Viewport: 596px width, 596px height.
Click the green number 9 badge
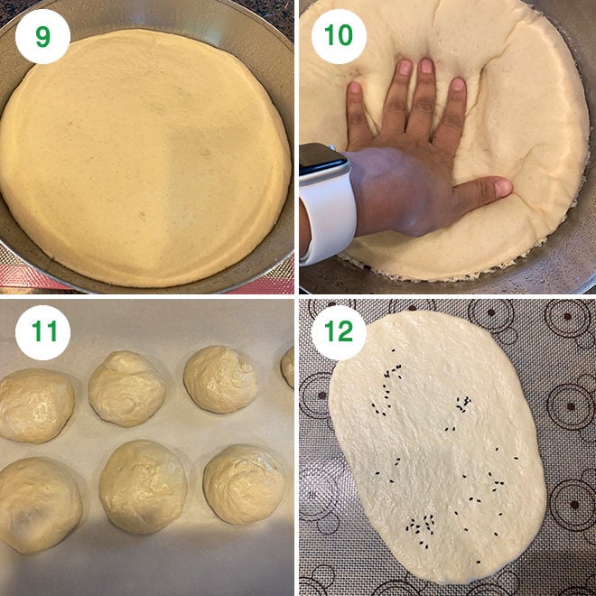[42, 36]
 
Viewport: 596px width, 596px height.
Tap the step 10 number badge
[339, 36]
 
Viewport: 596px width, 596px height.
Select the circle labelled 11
[42, 332]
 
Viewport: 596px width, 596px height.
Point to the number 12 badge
[339, 332]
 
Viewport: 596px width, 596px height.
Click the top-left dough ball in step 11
[36, 405]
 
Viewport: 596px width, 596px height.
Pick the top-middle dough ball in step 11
[126, 387]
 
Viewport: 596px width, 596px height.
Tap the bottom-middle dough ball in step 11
[143, 488]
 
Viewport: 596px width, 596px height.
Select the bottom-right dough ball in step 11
[243, 483]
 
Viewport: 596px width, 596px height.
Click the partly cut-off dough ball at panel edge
[288, 366]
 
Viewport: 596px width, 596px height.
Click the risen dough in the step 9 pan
[144, 154]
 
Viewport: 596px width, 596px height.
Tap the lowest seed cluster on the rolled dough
[418, 523]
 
